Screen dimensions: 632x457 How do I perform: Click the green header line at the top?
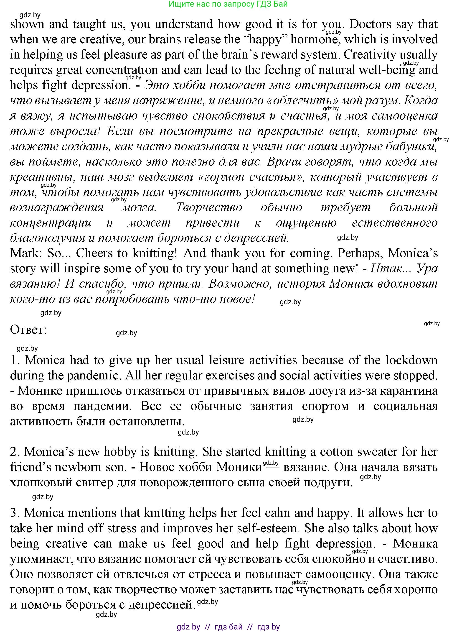tap(228, 4)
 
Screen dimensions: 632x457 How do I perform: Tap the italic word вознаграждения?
tap(57, 208)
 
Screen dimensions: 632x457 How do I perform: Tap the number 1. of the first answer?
tap(15, 361)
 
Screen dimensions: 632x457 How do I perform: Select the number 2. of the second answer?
tap(15, 452)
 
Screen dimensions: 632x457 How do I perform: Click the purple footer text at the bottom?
tap(228, 627)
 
